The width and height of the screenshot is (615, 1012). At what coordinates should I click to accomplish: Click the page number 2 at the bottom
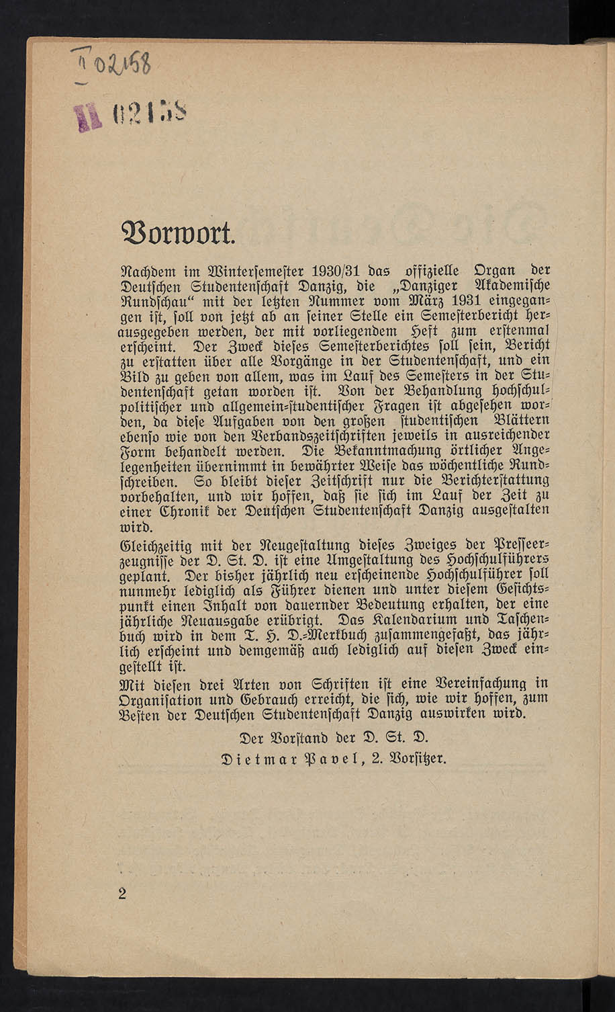[122, 893]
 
